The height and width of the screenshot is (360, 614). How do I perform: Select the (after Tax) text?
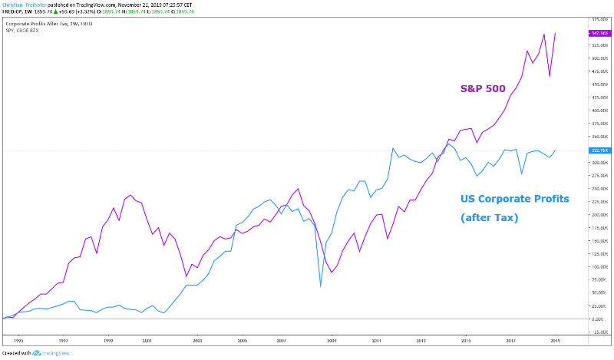490,219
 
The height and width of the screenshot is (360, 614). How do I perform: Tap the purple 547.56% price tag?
599,33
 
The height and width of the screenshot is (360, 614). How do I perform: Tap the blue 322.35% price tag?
599,150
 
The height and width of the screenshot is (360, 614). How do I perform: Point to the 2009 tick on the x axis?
332,339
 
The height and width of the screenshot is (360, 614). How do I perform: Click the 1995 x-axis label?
18,339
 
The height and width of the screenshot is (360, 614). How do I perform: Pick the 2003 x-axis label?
197,339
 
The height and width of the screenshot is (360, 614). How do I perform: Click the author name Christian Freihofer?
23,4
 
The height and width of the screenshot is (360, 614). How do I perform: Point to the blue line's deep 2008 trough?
320,286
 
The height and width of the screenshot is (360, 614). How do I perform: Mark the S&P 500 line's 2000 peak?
130,195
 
